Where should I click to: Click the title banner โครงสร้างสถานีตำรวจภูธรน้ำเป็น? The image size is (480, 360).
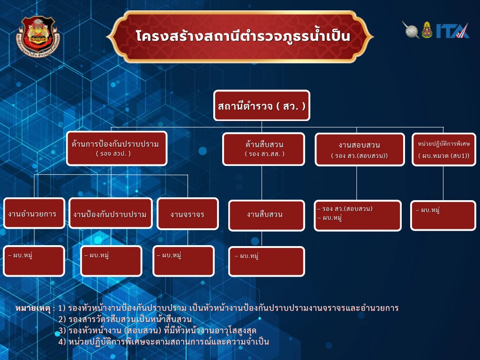coord(240,37)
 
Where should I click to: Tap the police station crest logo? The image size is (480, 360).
coord(38,37)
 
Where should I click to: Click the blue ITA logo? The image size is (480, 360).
coord(452,30)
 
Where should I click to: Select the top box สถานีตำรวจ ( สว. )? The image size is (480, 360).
coord(262,105)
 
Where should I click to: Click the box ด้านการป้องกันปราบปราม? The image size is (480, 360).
coord(117,149)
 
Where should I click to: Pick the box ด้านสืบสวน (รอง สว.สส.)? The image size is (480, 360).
coord(263,149)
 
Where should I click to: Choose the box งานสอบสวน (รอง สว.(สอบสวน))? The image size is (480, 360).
coord(360,150)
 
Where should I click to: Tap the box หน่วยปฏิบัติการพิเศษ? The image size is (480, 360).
coord(444,150)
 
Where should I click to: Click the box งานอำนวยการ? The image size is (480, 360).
coord(34,213)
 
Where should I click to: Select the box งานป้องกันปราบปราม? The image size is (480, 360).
coord(111,213)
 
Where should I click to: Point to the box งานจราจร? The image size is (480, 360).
coord(187,214)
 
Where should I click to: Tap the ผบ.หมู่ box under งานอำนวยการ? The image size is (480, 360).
coord(34,261)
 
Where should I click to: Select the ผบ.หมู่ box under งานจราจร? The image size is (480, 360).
coord(183,261)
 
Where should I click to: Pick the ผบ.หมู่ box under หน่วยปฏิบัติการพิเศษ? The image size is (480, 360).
coord(443,215)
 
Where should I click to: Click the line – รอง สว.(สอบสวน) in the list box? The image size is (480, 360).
coord(345,209)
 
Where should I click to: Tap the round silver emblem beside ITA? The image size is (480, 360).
coord(412,30)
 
